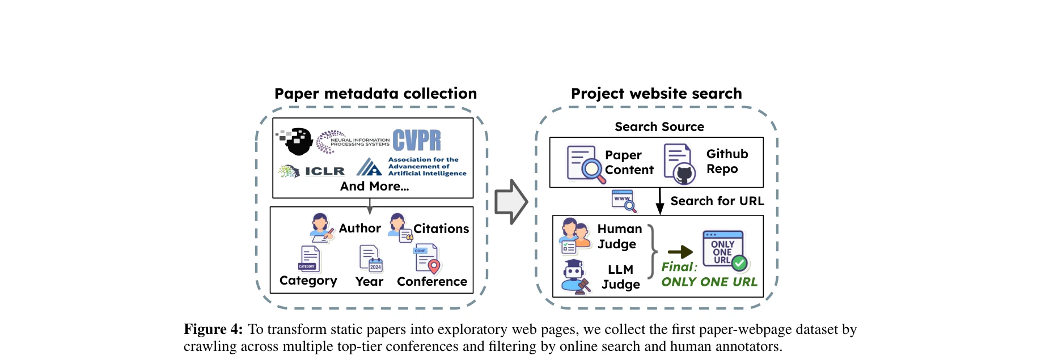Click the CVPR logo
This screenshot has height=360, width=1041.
click(x=416, y=140)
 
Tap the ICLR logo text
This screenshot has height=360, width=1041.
click(x=324, y=171)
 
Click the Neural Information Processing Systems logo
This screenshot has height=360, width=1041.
click(x=353, y=142)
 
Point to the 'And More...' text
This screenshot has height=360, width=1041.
click(x=374, y=187)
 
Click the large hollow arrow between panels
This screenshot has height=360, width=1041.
click(x=510, y=202)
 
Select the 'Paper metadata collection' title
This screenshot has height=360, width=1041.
click(x=375, y=94)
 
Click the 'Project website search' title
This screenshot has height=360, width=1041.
click(x=656, y=94)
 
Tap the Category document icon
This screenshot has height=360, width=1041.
click(x=309, y=259)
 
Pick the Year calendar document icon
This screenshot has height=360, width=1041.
click(x=370, y=259)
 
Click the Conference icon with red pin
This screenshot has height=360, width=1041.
click(x=428, y=259)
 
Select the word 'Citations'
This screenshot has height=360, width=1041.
click(x=441, y=228)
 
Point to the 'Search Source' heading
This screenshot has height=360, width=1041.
click(x=659, y=127)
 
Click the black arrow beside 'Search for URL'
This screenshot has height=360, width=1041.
click(x=659, y=201)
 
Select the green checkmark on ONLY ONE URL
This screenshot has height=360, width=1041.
click(x=739, y=263)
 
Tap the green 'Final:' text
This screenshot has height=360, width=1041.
click(x=679, y=267)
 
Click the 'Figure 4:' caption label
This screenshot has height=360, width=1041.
click(x=213, y=329)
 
